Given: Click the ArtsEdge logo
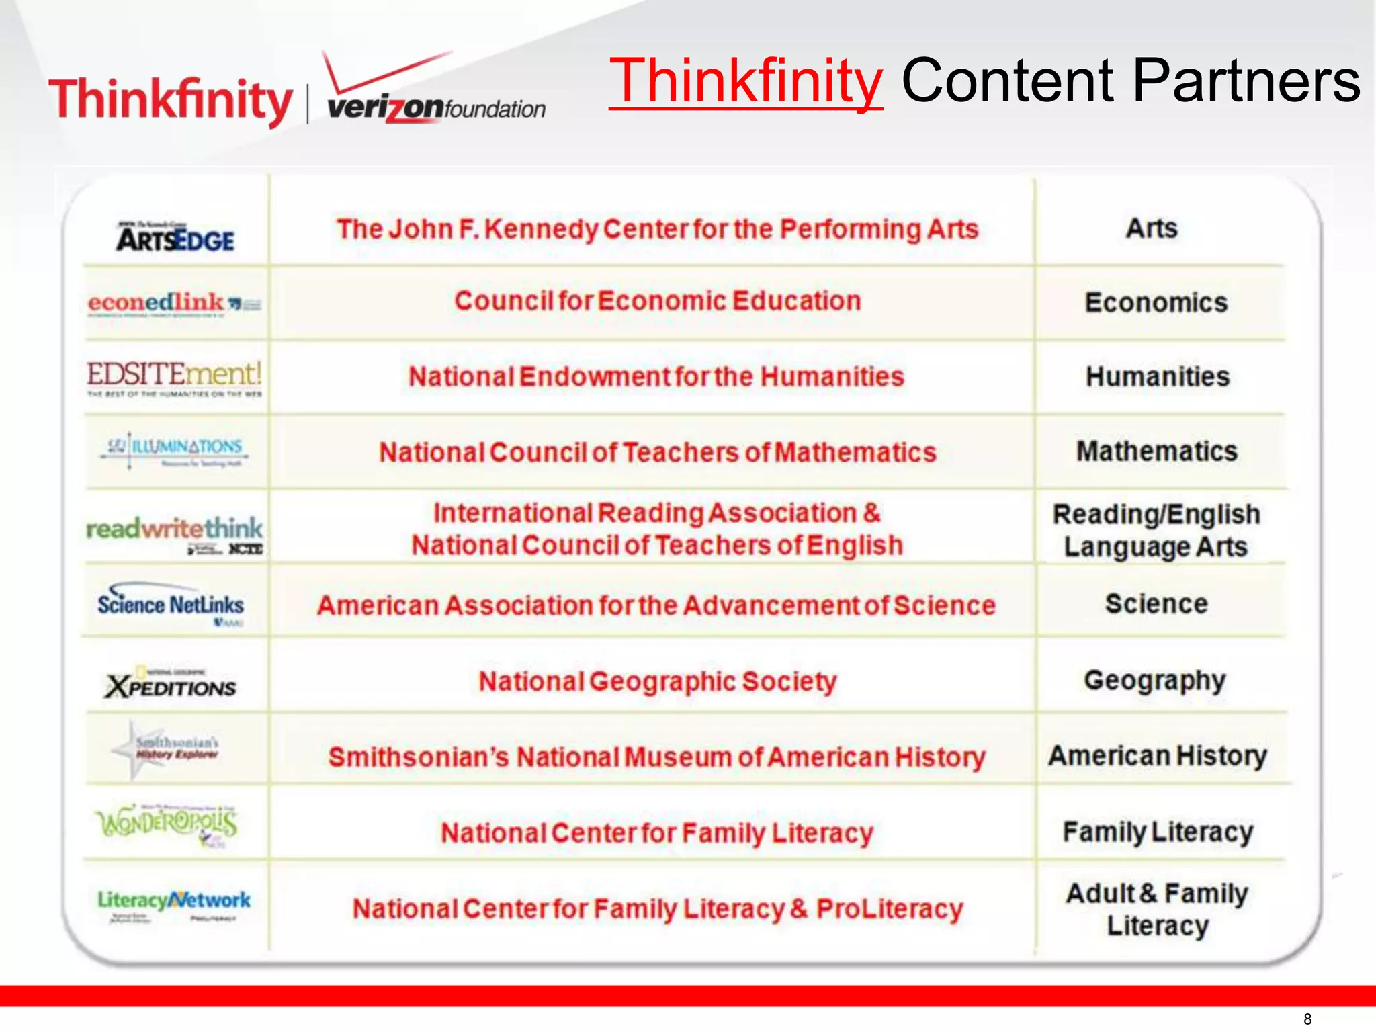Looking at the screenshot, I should tap(175, 237).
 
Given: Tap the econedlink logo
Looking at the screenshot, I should tap(174, 304).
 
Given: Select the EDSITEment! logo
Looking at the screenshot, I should tap(174, 378).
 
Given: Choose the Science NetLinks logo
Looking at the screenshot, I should tap(171, 603).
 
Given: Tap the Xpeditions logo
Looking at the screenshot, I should tap(171, 683).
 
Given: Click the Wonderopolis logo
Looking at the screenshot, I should tap(167, 824).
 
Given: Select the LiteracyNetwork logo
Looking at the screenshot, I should tap(174, 904).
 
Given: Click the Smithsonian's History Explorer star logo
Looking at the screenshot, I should tap(165, 749).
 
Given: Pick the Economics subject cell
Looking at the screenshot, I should tap(1156, 303).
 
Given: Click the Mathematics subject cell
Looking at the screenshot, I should tap(1156, 451).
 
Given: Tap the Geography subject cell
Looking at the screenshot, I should tap(1154, 681).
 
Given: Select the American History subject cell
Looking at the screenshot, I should tap(1158, 756).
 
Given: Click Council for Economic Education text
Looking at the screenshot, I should tap(658, 301).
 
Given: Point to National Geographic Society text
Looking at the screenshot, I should tap(658, 681).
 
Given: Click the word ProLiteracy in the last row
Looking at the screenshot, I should tap(890, 909).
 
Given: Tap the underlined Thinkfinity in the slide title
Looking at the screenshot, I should tap(746, 81).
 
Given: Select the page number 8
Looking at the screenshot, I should tap(1307, 1019).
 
